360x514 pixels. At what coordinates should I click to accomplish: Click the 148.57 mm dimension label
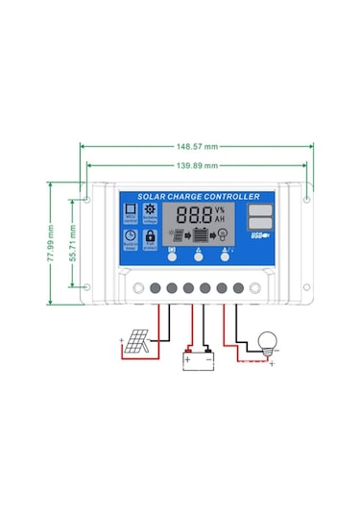pos(196,146)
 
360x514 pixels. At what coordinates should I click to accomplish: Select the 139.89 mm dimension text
pos(196,165)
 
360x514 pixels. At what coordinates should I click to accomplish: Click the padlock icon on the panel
pos(150,235)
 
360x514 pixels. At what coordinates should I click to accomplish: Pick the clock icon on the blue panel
pos(129,235)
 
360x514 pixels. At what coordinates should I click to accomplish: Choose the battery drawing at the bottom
pos(198,359)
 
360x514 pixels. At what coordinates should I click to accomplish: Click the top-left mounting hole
pos(87,202)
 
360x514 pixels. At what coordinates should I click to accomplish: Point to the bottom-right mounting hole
pos(305,286)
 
